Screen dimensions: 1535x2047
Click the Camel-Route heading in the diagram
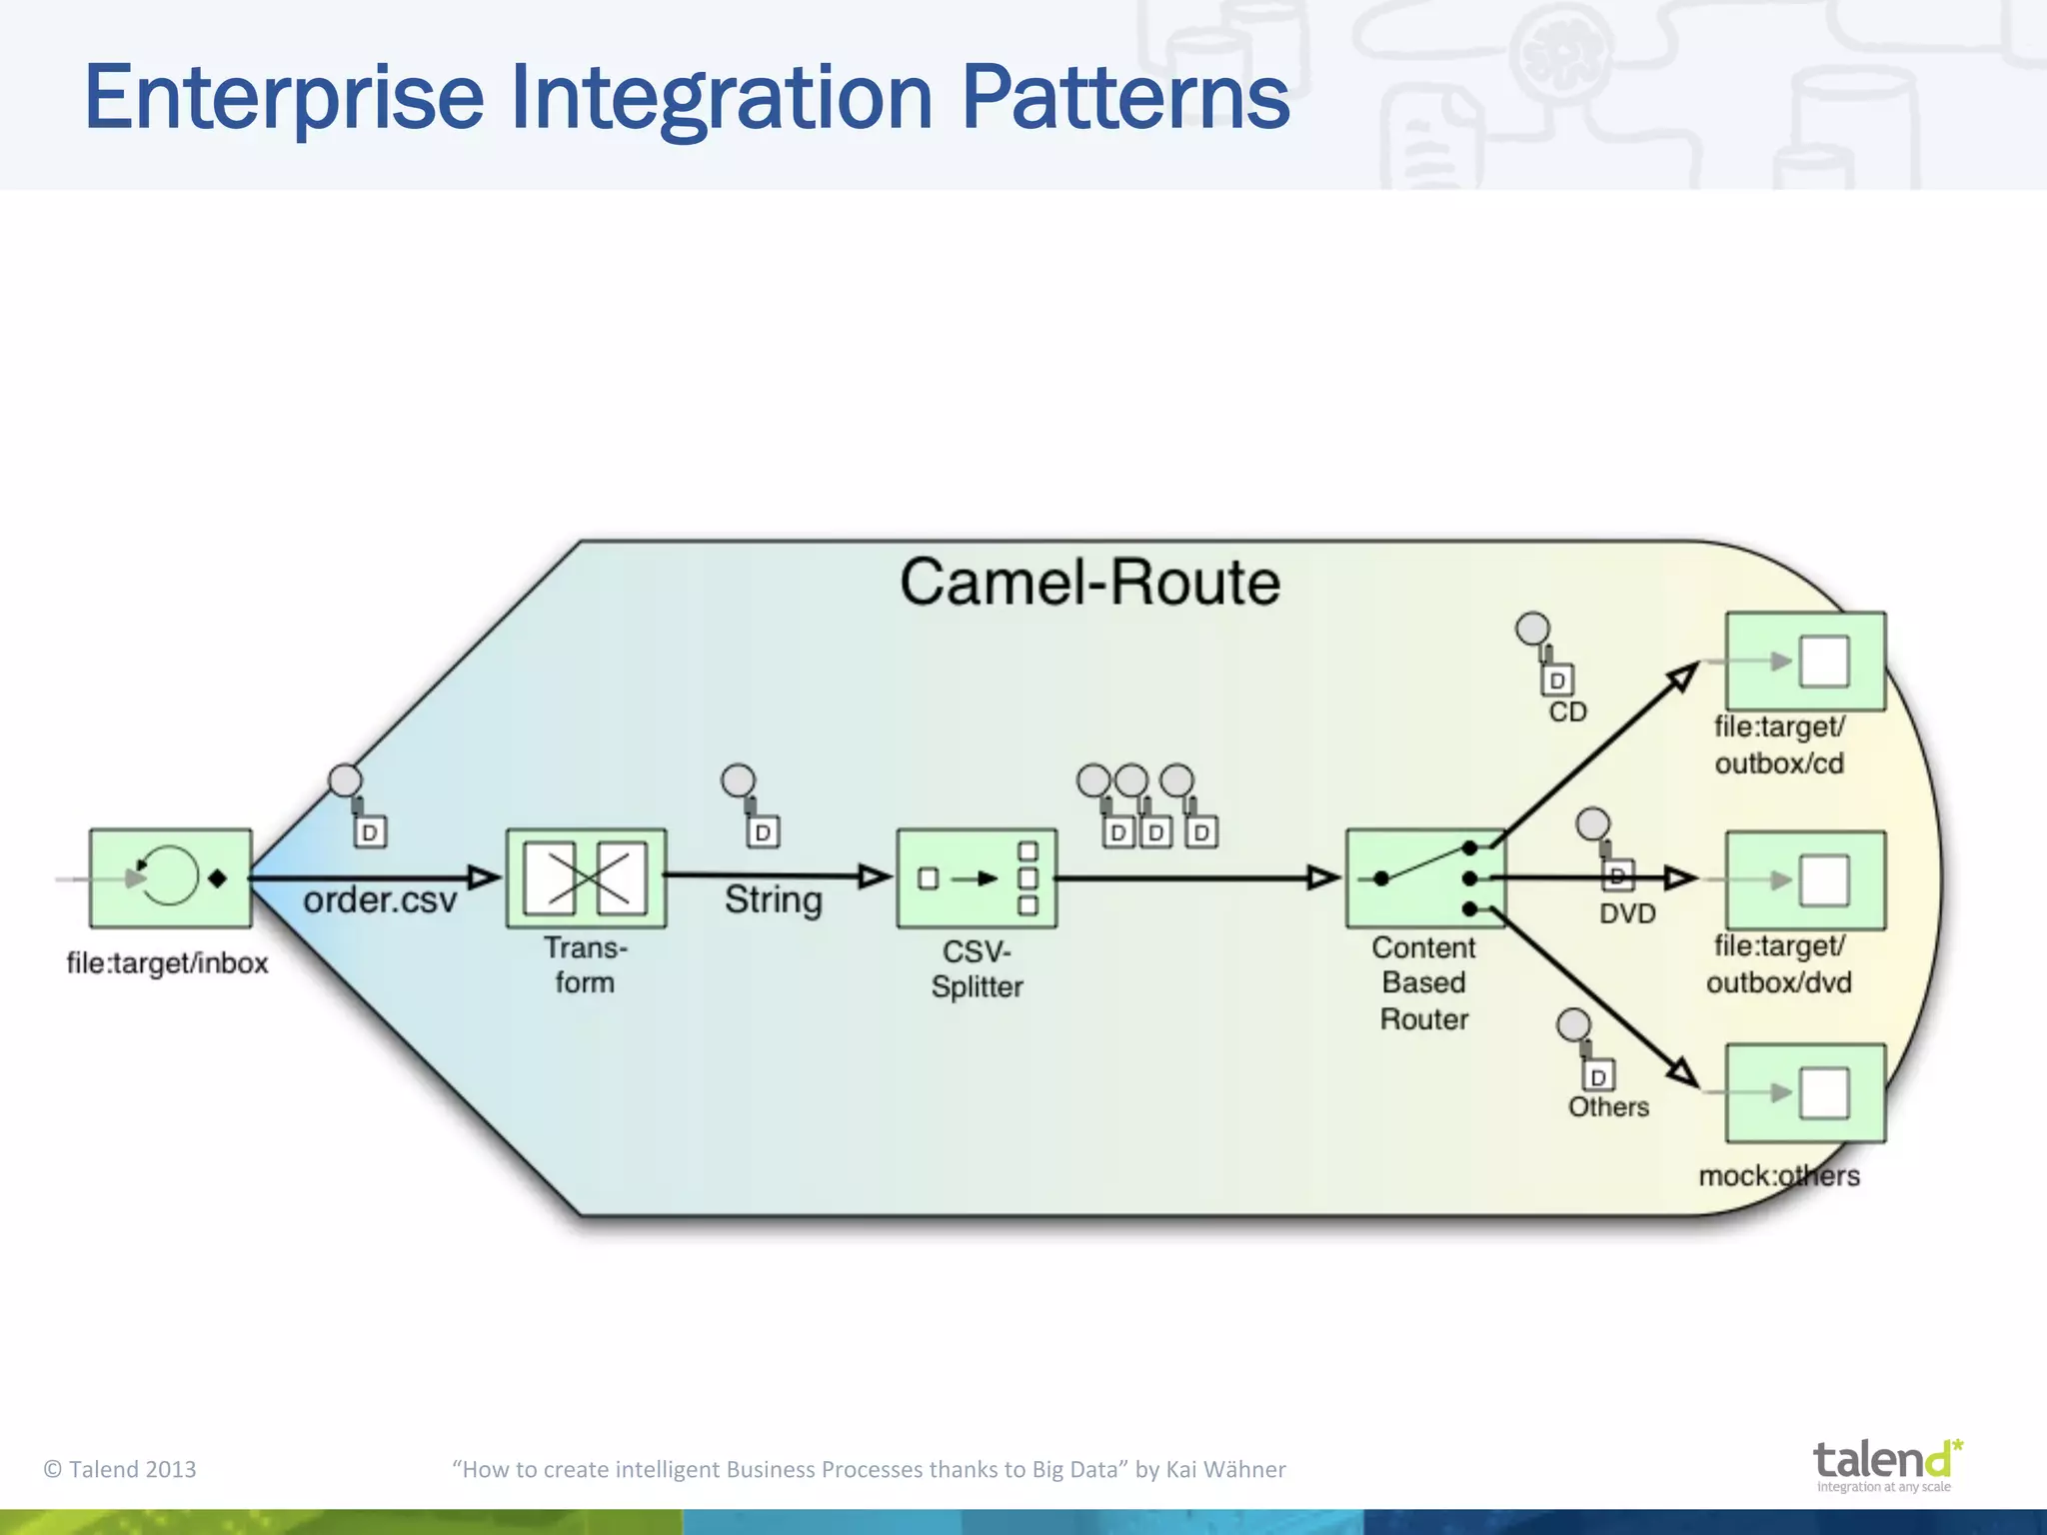[1089, 583]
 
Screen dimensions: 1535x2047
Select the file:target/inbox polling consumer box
[171, 878]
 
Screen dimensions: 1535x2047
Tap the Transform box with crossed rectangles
[586, 878]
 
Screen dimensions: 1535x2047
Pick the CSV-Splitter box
[977, 878]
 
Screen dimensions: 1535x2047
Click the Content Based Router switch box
[1425, 878]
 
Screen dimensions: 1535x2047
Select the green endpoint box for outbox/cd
[1805, 662]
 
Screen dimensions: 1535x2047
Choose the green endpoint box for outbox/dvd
[1805, 880]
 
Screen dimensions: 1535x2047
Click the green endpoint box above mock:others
[1805, 1093]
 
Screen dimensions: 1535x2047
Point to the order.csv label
[380, 900]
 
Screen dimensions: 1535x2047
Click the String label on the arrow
[773, 899]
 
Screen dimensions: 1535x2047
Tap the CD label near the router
[1567, 712]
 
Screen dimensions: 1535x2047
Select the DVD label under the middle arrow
[1627, 913]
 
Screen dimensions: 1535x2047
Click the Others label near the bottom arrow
[1608, 1107]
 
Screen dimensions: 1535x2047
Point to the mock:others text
[1779, 1175]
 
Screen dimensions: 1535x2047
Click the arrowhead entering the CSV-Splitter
[876, 876]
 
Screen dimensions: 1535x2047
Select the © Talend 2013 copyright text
[120, 1469]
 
